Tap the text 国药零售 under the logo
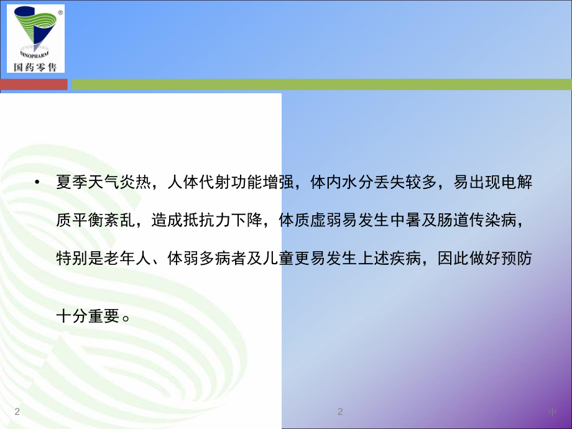35,67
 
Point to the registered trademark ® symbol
60,12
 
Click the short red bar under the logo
34,84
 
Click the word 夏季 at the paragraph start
70,184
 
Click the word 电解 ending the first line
519,184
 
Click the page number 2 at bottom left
17,412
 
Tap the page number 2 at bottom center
340,412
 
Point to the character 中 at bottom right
553,412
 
